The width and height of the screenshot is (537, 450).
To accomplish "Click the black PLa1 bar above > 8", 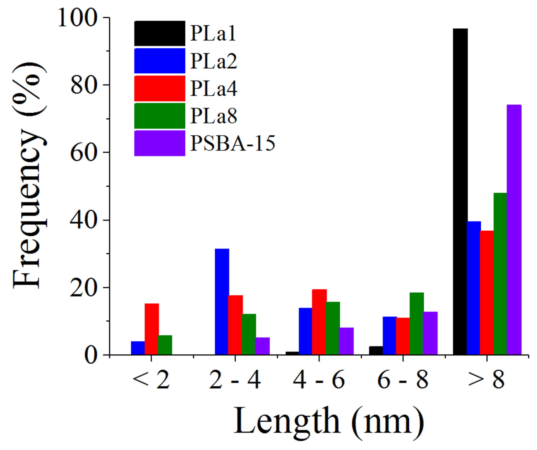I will [x=460, y=192].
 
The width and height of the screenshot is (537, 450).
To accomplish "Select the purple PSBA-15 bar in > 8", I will [x=514, y=230].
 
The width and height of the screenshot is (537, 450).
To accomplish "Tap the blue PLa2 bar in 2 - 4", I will [x=222, y=301].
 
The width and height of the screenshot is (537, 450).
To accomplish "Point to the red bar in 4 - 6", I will [x=319, y=322].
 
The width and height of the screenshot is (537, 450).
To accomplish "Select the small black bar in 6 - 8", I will [x=376, y=351].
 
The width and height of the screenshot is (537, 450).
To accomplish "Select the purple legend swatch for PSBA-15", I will [x=160, y=143].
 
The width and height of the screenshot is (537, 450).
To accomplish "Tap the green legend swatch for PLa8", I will [x=160, y=116].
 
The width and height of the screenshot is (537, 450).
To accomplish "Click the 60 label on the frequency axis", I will [x=83, y=152].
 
